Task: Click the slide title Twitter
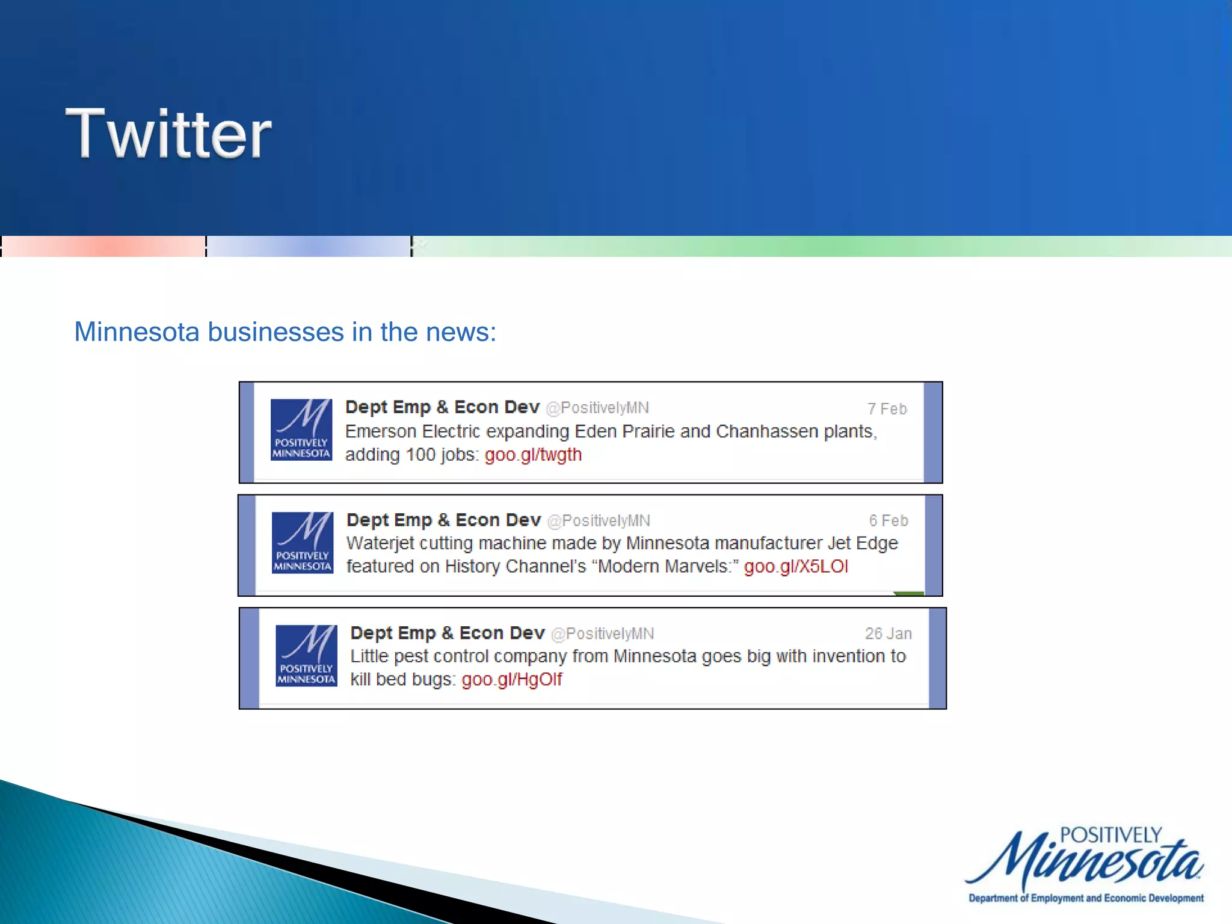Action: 168,133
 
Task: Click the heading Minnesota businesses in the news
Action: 285,332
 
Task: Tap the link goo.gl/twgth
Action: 533,455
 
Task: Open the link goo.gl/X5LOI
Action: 796,567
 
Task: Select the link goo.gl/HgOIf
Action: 511,680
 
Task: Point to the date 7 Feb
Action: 887,409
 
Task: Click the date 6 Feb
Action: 888,521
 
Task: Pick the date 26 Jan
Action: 888,633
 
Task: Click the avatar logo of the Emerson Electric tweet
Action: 301,430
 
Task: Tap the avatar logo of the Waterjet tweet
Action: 303,543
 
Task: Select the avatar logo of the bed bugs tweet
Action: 306,655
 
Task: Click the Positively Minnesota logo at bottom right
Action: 1085,864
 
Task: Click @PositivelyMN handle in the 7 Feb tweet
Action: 597,408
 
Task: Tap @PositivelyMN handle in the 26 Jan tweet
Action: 602,633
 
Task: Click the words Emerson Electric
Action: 413,432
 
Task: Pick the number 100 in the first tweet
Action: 420,455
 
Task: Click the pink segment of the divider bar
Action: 103,247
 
